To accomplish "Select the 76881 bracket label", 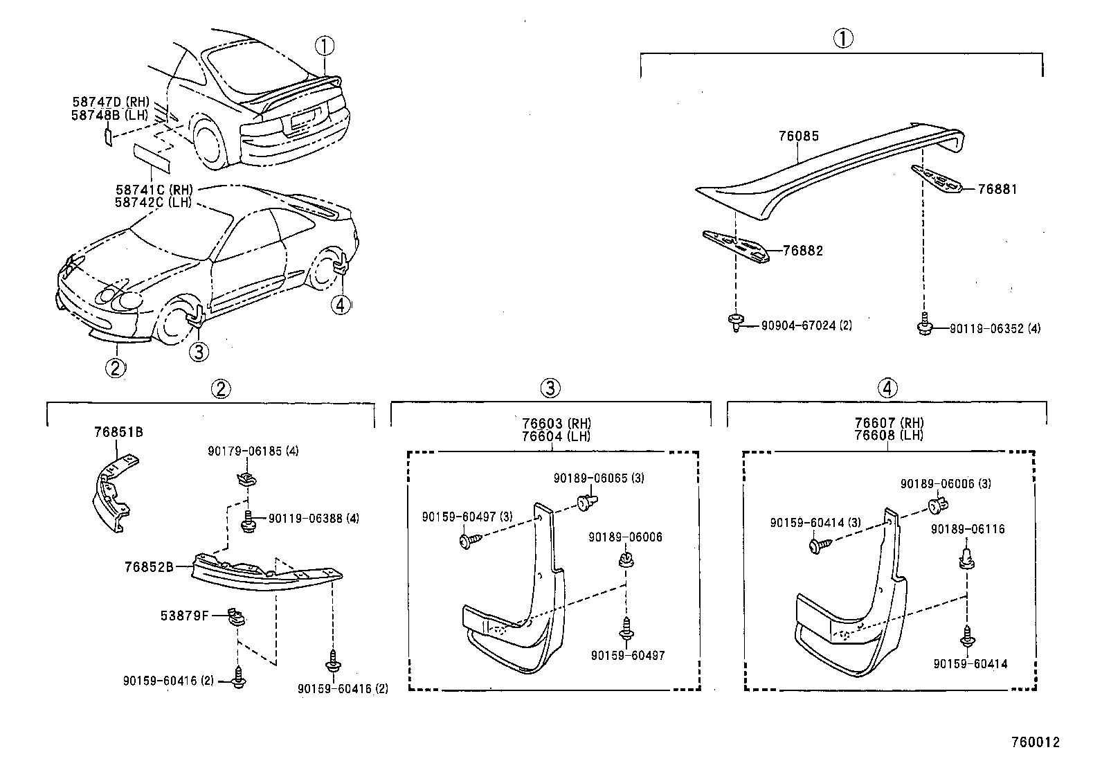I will pos(997,189).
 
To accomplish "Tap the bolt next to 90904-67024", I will pos(736,322).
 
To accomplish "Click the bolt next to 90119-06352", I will pos(924,325).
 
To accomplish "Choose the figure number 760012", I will pos(1035,742).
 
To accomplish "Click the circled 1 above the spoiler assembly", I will pos(842,39).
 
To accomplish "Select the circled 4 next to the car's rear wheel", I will pos(341,304).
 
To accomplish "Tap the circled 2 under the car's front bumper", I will pos(116,366).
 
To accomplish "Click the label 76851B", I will pos(118,433).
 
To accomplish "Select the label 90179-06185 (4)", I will pos(253,451).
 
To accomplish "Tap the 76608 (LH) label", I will pos(889,436).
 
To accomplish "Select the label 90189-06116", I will pos(968,529).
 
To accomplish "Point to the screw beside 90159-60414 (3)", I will pos(816,546).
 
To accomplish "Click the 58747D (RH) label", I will pos(111,102).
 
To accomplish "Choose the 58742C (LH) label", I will pos(154,202).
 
